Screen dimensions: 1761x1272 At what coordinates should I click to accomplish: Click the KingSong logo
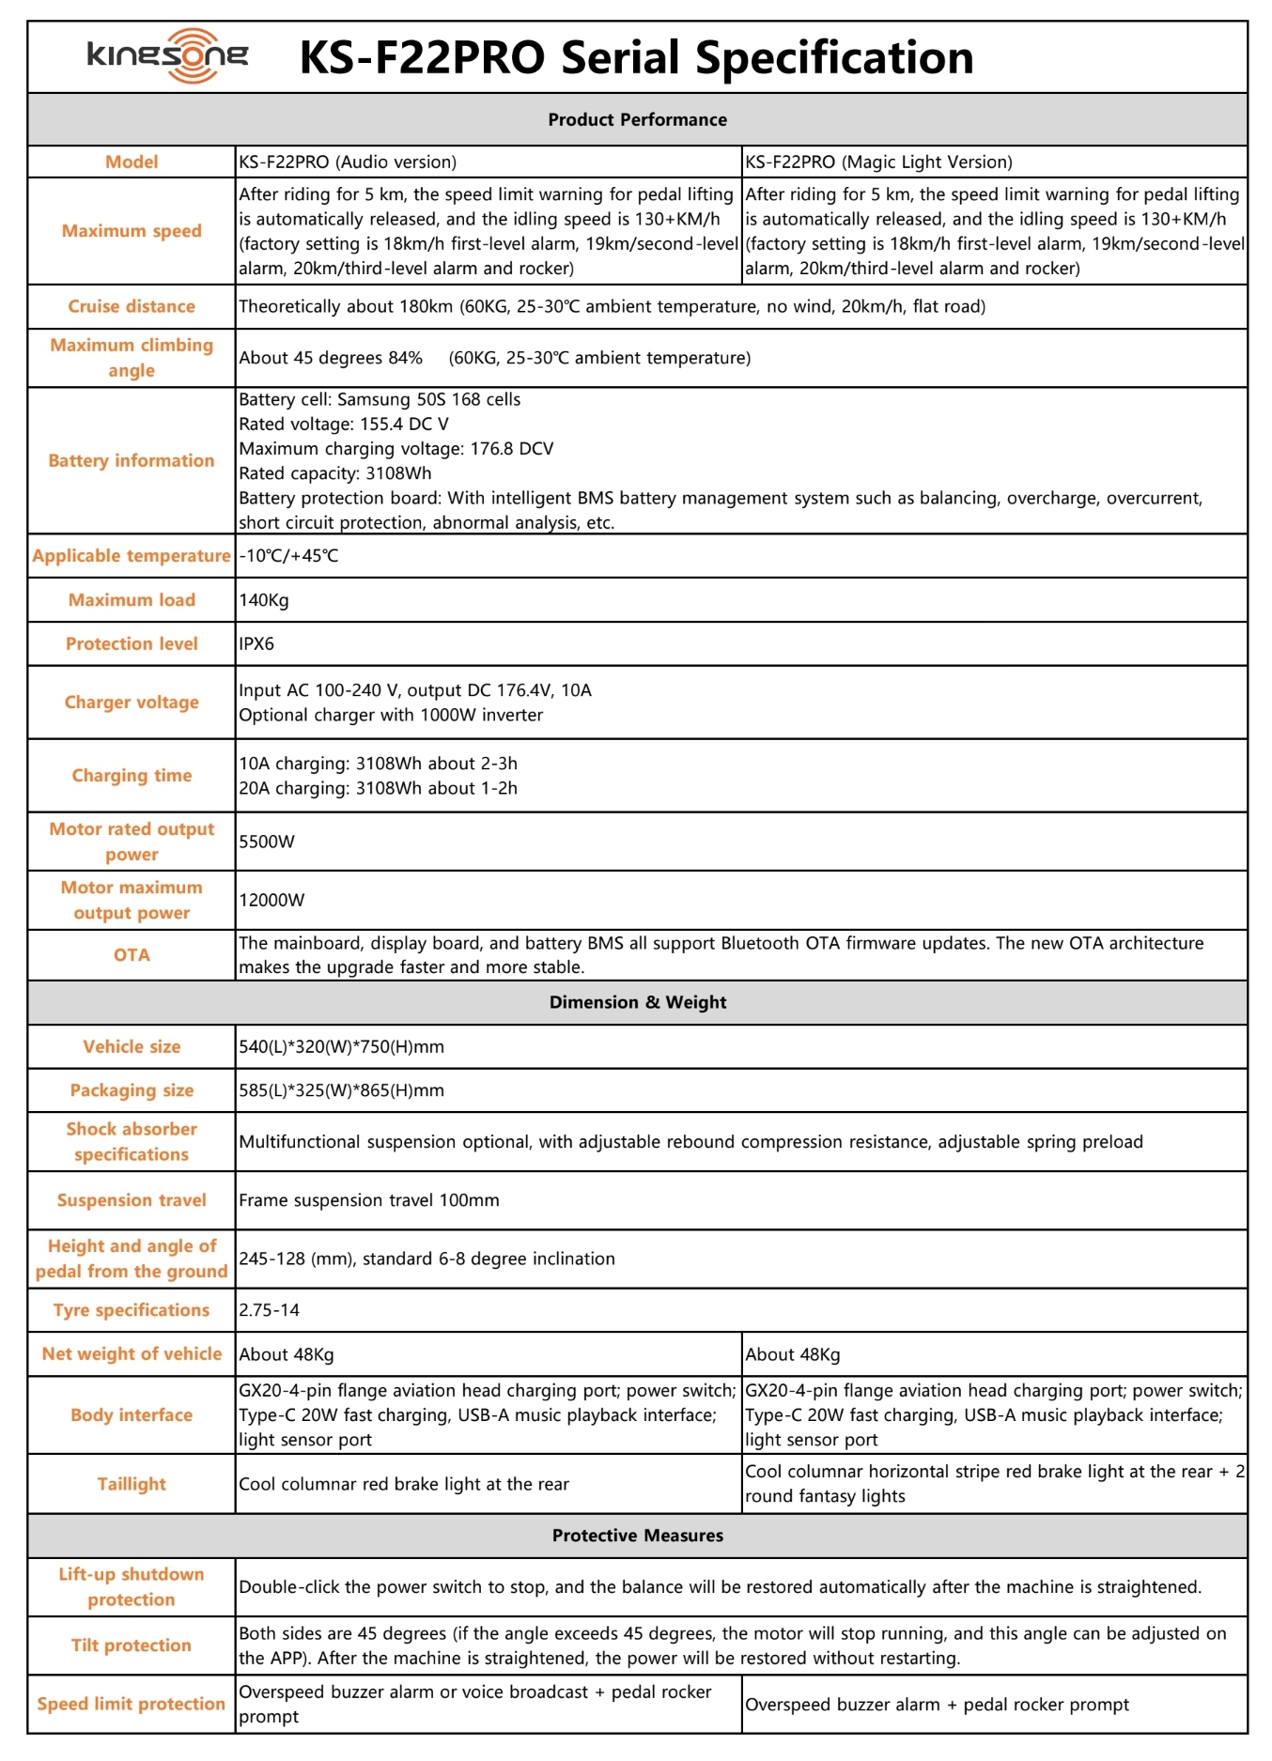[x=167, y=55]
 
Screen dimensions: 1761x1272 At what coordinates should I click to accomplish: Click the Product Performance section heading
[x=637, y=119]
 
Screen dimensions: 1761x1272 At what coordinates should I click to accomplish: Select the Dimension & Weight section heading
[x=637, y=1002]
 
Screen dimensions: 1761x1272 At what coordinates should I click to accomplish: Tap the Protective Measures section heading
[x=637, y=1536]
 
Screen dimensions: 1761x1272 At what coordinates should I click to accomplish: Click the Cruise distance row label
[x=132, y=306]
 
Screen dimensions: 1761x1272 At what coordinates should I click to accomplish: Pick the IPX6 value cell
[x=256, y=643]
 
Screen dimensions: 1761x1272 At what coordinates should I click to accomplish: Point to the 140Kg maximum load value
[x=264, y=600]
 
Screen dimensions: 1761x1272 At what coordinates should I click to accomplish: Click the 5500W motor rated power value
[x=267, y=842]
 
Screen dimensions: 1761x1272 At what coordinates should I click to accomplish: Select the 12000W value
[x=271, y=900]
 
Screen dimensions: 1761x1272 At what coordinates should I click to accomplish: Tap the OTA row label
[x=132, y=954]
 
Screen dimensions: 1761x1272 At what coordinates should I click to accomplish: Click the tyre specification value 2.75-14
[x=270, y=1310]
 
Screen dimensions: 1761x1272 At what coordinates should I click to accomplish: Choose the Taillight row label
[x=132, y=1484]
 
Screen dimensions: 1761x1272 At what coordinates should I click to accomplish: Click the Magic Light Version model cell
[x=878, y=162]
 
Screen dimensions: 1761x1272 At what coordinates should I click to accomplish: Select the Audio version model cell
[x=348, y=162]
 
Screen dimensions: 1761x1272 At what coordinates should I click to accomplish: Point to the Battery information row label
[x=132, y=460]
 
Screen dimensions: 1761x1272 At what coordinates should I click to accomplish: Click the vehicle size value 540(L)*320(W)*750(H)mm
[x=342, y=1046]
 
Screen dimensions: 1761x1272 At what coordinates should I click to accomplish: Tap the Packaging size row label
[x=132, y=1090]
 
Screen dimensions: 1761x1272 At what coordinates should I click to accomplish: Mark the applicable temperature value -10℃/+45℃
[x=288, y=556]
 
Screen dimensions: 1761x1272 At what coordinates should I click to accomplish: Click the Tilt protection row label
[x=132, y=1645]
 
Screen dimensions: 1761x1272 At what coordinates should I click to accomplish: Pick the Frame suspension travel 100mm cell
[x=369, y=1200]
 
